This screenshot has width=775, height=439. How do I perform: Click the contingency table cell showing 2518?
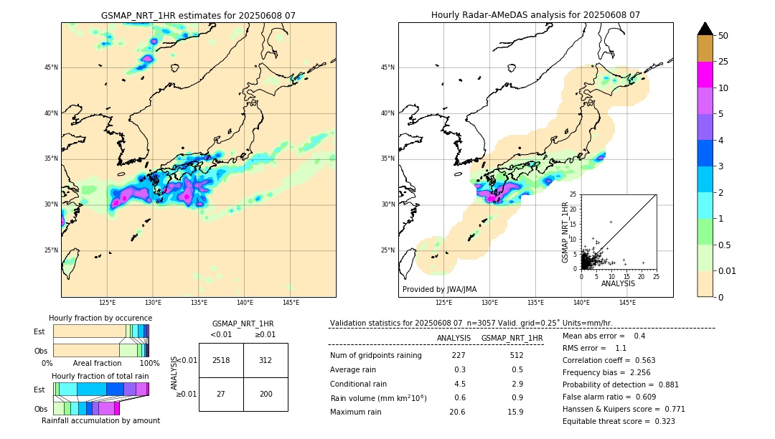[x=221, y=360]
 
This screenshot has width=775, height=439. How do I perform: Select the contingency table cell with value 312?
[x=266, y=360]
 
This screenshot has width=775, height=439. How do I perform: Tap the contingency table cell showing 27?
[x=221, y=395]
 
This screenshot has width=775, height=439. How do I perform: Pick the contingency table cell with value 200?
[x=266, y=395]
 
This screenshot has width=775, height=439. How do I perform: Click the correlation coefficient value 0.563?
[x=646, y=361]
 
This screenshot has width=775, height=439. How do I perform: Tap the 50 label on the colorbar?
[x=723, y=35]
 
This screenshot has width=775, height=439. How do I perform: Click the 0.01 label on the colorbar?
[x=728, y=270]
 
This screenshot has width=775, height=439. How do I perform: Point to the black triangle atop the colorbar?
[x=705, y=29]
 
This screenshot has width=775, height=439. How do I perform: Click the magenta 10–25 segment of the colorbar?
[x=705, y=75]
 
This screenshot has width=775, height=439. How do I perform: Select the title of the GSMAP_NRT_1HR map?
[x=198, y=15]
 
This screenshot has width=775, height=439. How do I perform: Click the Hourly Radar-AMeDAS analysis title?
[x=535, y=15]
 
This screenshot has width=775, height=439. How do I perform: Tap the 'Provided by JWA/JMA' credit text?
[x=439, y=290]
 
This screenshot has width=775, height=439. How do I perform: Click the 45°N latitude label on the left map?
[x=51, y=67]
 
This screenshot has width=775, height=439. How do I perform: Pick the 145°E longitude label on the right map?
[x=627, y=303]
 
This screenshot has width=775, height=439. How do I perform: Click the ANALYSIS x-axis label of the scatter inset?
[x=618, y=283]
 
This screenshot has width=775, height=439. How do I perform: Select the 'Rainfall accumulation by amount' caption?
[x=106, y=421]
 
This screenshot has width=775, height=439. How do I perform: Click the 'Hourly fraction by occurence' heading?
[x=100, y=318]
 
